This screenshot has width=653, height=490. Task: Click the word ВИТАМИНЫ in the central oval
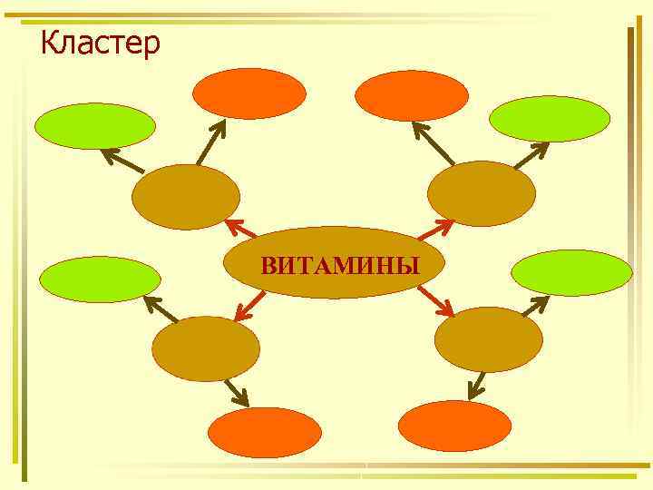(340, 266)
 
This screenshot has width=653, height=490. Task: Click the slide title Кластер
(101, 42)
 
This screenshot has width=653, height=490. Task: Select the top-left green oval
(95, 125)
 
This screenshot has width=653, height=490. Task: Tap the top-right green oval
(550, 119)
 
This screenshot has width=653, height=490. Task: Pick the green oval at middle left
(100, 279)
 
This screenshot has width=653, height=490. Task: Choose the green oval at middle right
(571, 272)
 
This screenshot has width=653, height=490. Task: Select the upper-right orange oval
(412, 95)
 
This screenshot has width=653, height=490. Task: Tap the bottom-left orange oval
(265, 433)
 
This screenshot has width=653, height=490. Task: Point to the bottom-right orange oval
(455, 426)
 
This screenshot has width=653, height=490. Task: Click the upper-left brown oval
(186, 197)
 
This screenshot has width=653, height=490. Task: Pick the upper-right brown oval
(482, 193)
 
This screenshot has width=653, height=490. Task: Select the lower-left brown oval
(205, 348)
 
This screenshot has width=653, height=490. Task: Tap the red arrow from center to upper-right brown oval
(438, 230)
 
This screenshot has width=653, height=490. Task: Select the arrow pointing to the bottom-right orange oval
(477, 384)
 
